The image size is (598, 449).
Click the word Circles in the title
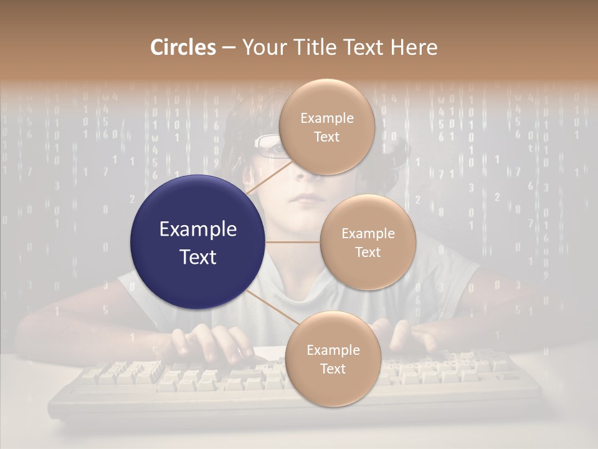coord(183,47)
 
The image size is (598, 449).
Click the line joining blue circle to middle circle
coord(293,242)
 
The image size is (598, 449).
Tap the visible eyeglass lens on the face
coord(269,146)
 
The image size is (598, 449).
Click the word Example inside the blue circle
coord(198,229)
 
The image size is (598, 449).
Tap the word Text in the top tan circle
coord(327,137)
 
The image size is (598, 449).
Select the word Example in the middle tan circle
coord(368,234)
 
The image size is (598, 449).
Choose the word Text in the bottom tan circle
coord(333,369)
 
